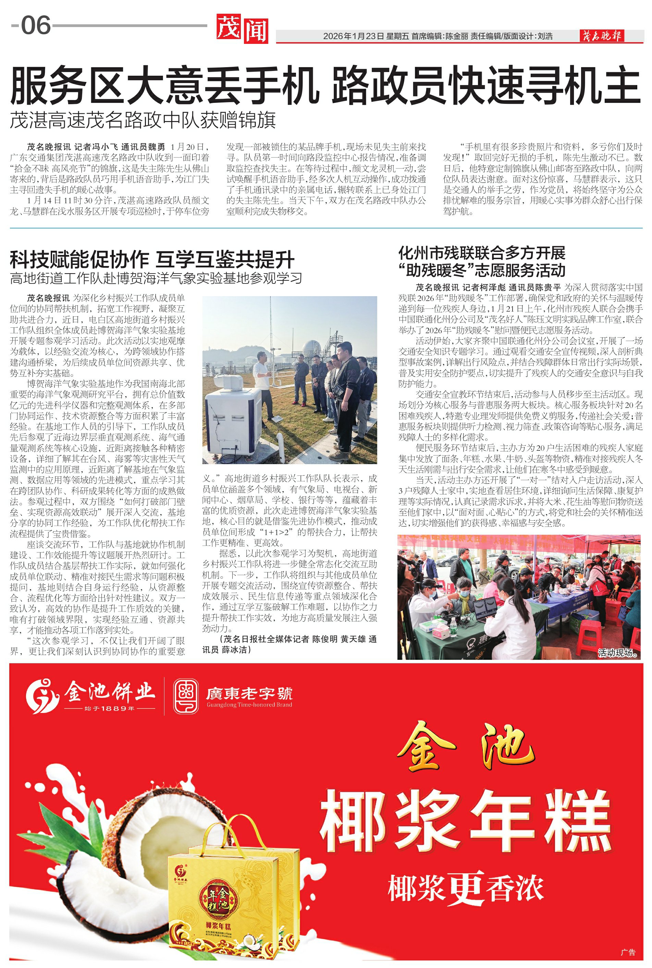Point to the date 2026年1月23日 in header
(354, 37)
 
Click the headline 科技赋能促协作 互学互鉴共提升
(152, 259)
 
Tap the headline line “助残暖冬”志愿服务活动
(481, 270)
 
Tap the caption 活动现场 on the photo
(617, 653)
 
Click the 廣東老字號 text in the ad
(249, 693)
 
